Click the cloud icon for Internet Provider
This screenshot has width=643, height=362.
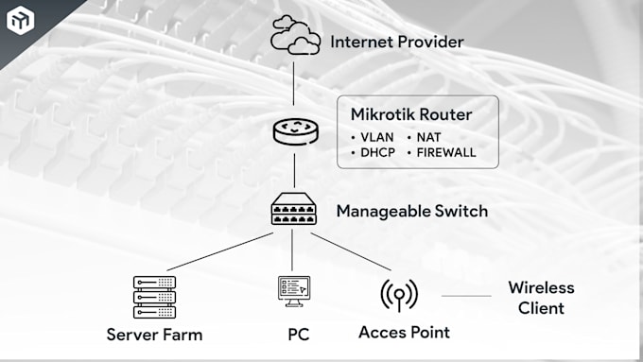click(295, 38)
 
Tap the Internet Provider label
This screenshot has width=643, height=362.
click(396, 42)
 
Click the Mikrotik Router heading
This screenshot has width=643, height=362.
click(411, 115)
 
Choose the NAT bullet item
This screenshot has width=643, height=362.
click(428, 137)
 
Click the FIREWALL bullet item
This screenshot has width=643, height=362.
click(445, 152)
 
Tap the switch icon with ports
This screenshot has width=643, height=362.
click(294, 210)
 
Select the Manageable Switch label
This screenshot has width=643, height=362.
click(412, 211)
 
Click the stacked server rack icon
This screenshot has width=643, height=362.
click(154, 296)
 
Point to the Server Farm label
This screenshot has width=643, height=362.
click(154, 335)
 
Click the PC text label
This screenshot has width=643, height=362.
click(299, 335)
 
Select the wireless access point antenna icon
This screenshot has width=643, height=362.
click(399, 295)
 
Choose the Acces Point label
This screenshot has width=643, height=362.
click(404, 333)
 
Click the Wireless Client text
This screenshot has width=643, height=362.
click(541, 298)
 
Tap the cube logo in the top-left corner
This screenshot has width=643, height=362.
click(20, 20)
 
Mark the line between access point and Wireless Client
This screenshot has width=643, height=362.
click(466, 296)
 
